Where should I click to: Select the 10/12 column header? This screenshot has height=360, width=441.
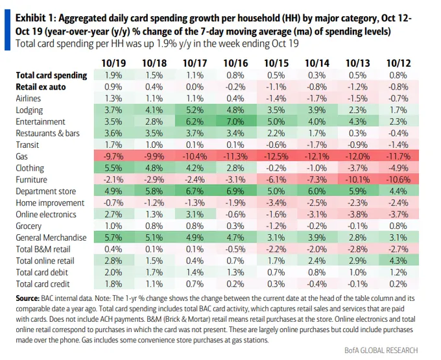pyautogui.click(x=397, y=63)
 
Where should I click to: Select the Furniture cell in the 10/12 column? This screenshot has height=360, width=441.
pyautogui.click(x=397, y=180)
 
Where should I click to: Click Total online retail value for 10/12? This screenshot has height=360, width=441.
pyautogui.click(x=397, y=261)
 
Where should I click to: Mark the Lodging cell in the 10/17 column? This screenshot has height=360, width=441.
pyautogui.click(x=194, y=110)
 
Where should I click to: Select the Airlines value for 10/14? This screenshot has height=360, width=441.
pyautogui.click(x=315, y=98)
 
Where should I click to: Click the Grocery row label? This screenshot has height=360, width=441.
pyautogui.click(x=30, y=226)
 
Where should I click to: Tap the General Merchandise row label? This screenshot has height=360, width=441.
pyautogui.click(x=51, y=237)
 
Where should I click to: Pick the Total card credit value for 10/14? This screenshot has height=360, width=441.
pyautogui.click(x=315, y=284)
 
